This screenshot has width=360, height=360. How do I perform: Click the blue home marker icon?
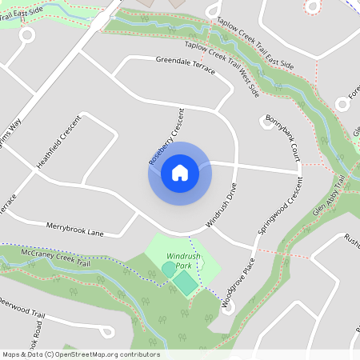[x=179, y=172]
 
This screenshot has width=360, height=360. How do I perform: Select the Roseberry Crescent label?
[x=166, y=136]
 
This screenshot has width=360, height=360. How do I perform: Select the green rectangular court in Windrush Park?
[x=186, y=282]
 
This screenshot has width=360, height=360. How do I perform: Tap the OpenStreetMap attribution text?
[x=80, y=354]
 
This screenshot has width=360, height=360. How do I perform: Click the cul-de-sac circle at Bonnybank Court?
[x=266, y=121]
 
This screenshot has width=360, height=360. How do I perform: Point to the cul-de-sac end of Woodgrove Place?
[x=228, y=308]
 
